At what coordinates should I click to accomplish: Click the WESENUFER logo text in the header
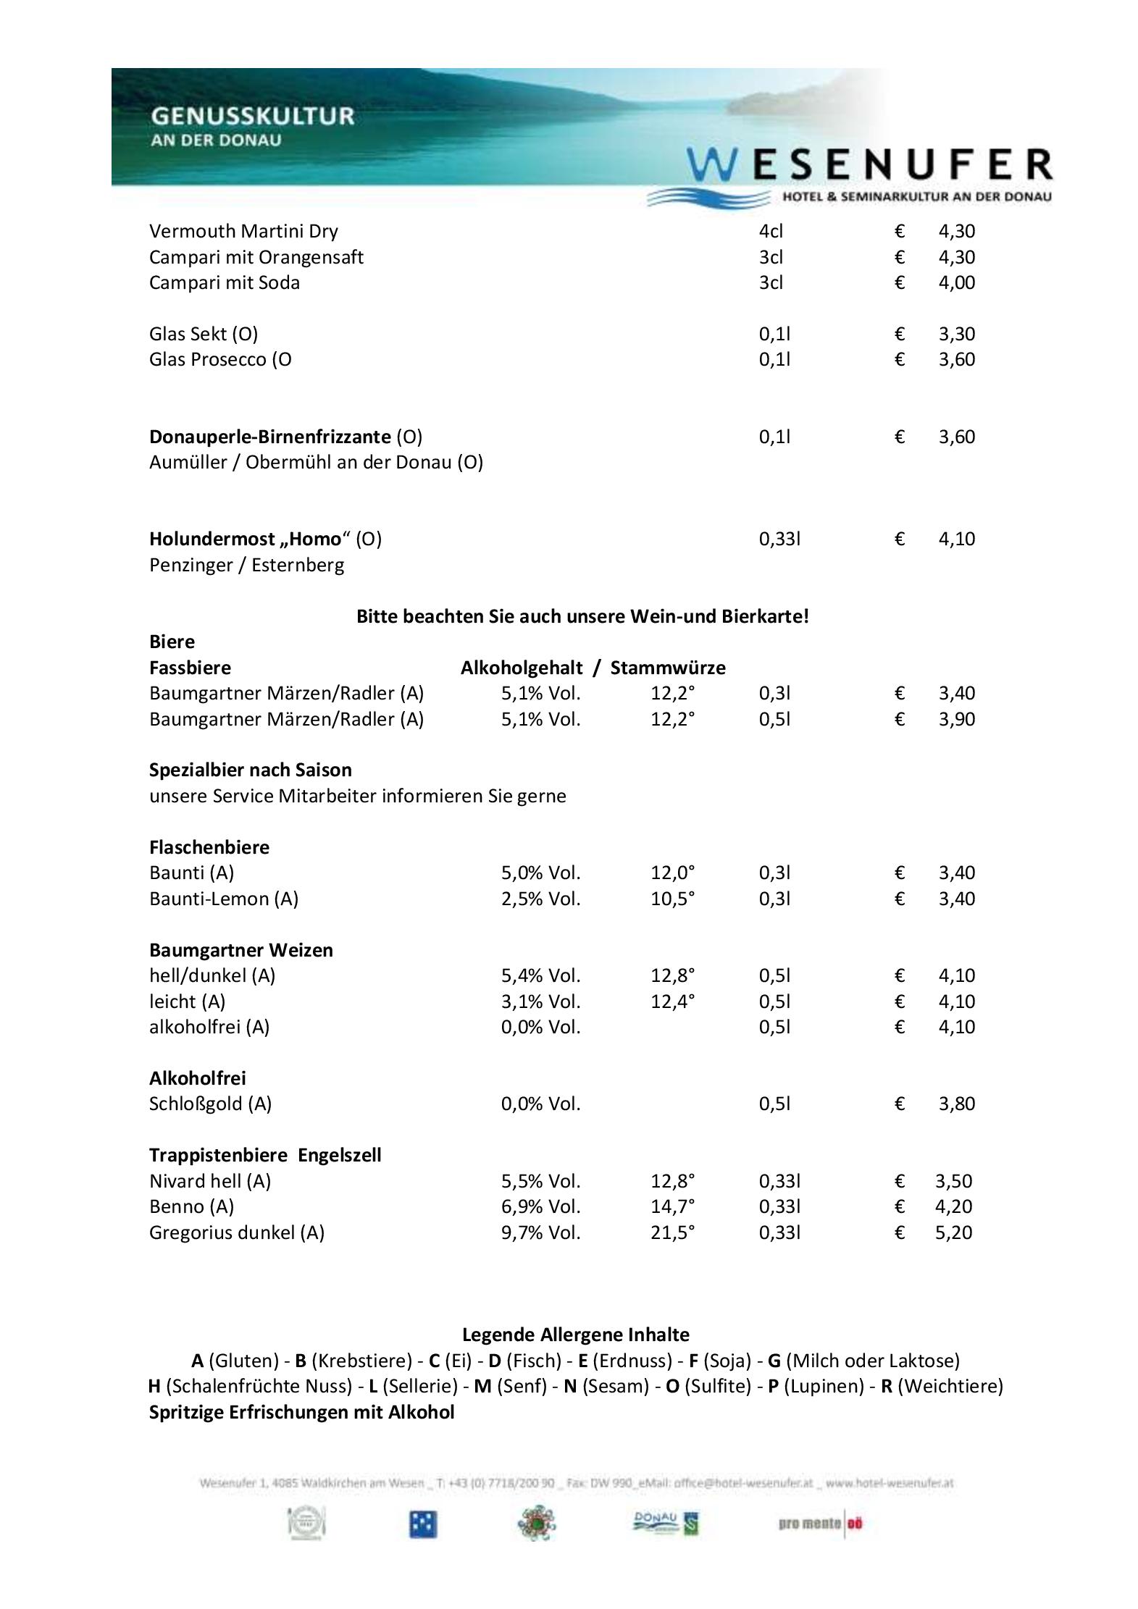tap(869, 165)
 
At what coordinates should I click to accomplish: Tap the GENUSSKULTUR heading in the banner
tap(252, 116)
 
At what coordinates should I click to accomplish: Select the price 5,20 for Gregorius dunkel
tap(953, 1232)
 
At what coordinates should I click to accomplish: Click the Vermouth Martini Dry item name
tap(243, 231)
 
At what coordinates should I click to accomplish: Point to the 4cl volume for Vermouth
tap(771, 231)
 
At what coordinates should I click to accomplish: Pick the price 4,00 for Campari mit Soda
tap(956, 282)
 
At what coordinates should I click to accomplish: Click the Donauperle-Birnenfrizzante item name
tap(269, 437)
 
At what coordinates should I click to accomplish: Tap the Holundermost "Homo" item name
tap(246, 539)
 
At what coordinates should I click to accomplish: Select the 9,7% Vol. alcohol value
tap(540, 1232)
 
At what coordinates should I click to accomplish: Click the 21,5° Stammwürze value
tap(672, 1232)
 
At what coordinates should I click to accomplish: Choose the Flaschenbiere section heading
tap(209, 847)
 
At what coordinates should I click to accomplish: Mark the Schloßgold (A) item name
tap(210, 1104)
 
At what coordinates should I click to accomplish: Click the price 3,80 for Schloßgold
tap(956, 1104)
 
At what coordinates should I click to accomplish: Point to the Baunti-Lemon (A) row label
tap(224, 899)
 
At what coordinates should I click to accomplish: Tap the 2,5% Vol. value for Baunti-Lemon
tap(540, 899)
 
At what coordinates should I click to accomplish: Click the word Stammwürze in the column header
tap(667, 668)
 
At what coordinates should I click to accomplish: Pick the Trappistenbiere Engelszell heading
tap(265, 1155)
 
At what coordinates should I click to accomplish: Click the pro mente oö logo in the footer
tap(820, 1524)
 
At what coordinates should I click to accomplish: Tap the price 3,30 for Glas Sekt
tap(956, 334)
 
